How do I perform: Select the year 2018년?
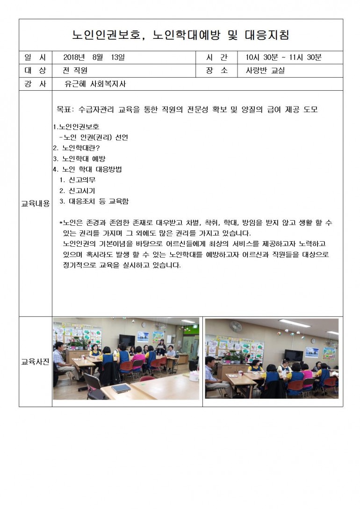(x=74, y=57)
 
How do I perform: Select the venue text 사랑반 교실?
(x=265, y=71)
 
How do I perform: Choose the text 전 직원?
(x=75, y=71)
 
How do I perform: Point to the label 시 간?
(x=216, y=57)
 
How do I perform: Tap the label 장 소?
(x=216, y=71)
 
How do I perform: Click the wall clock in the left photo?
(x=144, y=324)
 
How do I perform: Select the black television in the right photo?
(x=294, y=355)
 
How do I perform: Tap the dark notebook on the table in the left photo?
(x=121, y=387)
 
